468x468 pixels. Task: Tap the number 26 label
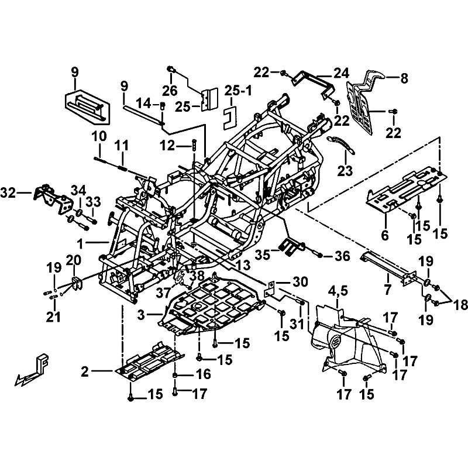click(x=170, y=91)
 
